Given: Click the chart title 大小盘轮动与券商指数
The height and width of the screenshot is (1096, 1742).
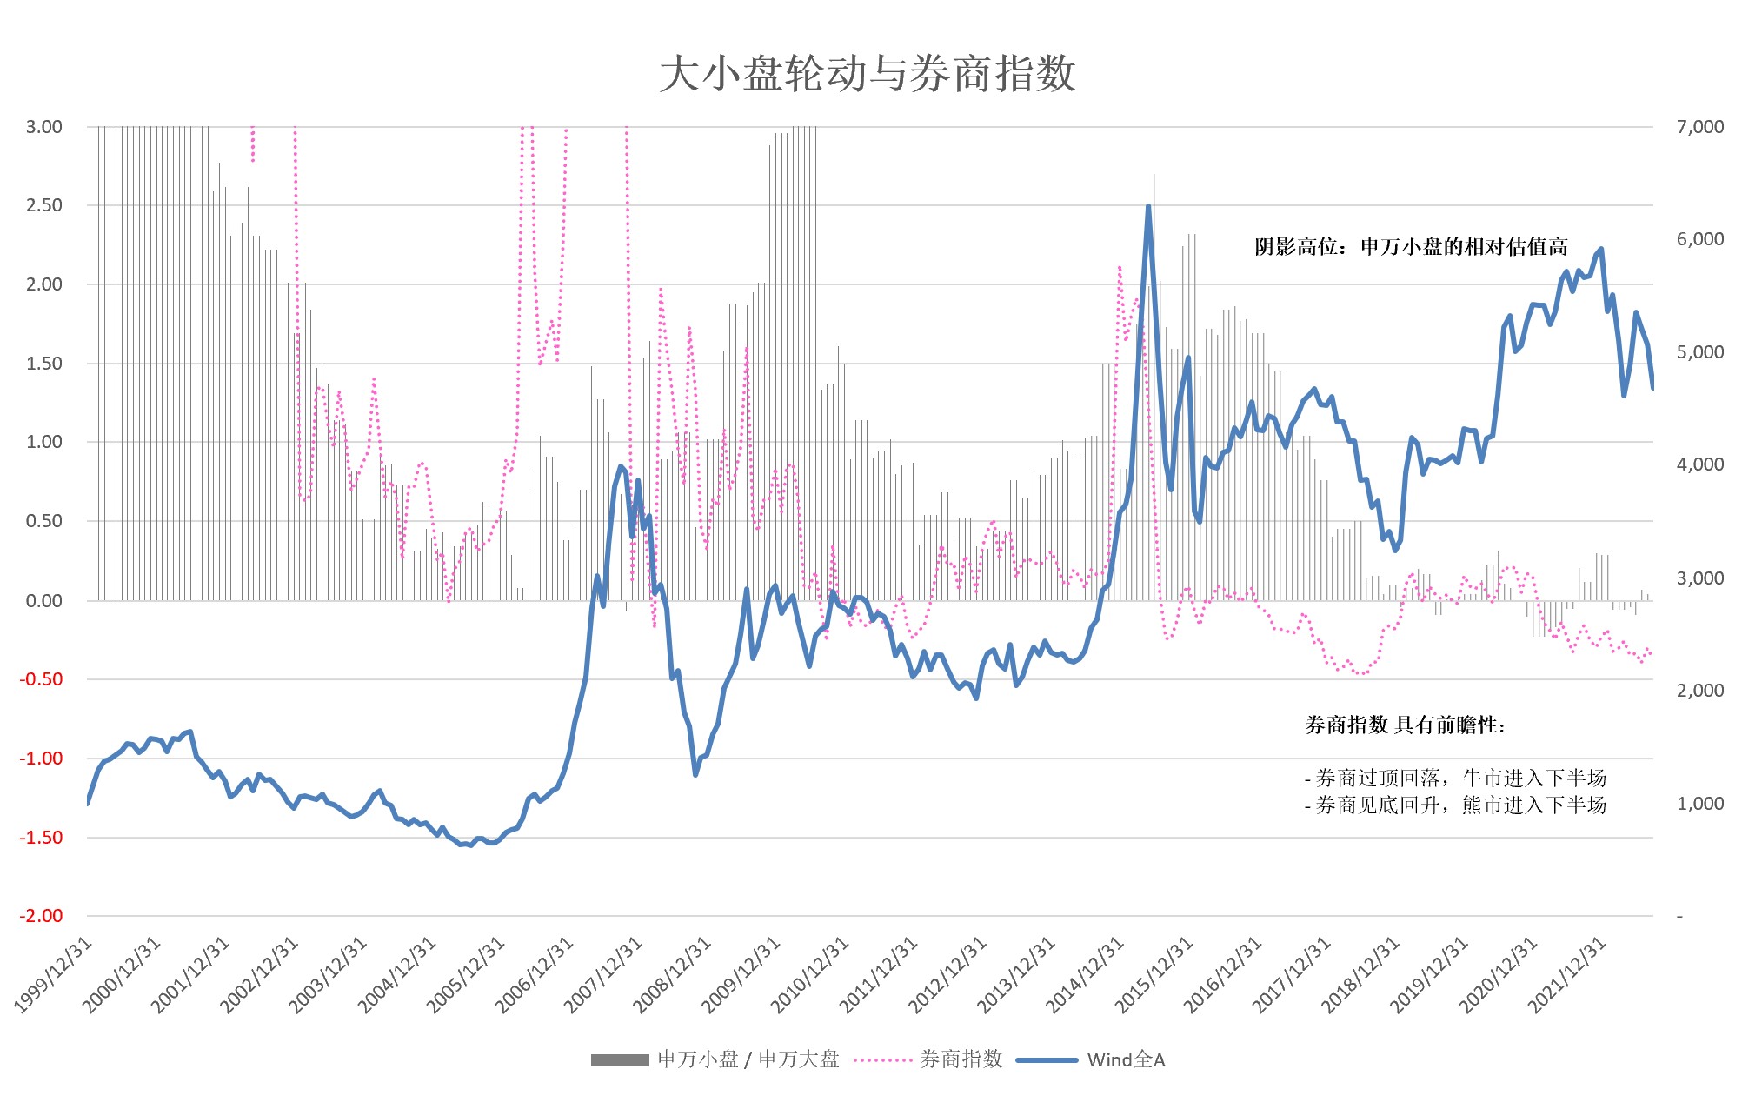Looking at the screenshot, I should click(x=868, y=74).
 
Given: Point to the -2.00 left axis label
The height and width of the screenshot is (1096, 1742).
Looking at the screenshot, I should click(x=42, y=916).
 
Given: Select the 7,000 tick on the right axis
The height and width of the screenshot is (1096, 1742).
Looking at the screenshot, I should click(x=1699, y=127).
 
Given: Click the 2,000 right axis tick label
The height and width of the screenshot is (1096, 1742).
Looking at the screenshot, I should click(x=1699, y=691).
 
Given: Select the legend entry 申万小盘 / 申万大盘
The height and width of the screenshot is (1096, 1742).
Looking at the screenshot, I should click(x=715, y=1059).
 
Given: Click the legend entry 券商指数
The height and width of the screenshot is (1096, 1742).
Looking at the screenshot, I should click(x=928, y=1059).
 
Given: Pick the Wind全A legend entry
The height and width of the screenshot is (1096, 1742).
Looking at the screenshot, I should click(x=1091, y=1059).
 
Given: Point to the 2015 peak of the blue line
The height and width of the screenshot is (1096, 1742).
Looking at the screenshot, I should click(x=1148, y=207).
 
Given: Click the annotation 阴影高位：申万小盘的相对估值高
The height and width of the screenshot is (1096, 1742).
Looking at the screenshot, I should click(x=1411, y=247).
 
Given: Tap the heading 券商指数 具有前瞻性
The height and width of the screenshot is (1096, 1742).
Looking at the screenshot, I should click(x=1405, y=725).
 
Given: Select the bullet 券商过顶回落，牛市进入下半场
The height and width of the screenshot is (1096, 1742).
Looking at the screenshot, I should click(x=1455, y=778).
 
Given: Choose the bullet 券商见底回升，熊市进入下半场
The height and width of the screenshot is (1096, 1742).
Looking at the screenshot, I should click(x=1455, y=805).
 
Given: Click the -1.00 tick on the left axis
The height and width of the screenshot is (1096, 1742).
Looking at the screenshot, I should click(x=42, y=759).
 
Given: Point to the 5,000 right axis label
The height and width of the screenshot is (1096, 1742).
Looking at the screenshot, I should click(x=1699, y=352).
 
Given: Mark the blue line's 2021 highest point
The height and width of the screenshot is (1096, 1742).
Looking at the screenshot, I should click(x=1601, y=250).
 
